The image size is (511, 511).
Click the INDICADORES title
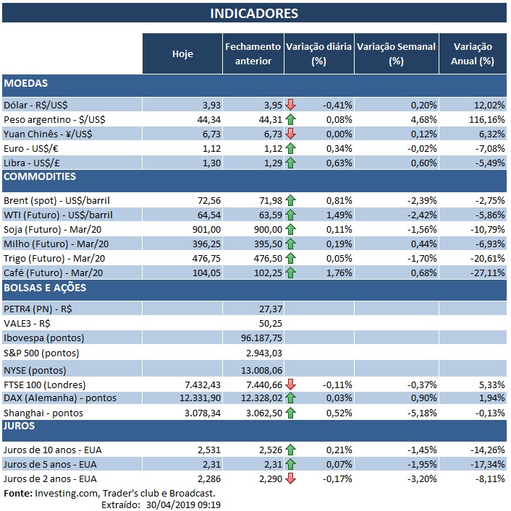254,14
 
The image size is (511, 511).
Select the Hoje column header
182,53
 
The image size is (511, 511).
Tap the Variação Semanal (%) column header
396,53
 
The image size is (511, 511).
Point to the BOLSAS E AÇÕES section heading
45,288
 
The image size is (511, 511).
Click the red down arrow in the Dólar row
291,104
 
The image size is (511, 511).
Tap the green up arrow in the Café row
291,272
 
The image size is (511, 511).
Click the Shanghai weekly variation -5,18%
421,413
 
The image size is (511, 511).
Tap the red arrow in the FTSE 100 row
291,384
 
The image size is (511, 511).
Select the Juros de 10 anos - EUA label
52,450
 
